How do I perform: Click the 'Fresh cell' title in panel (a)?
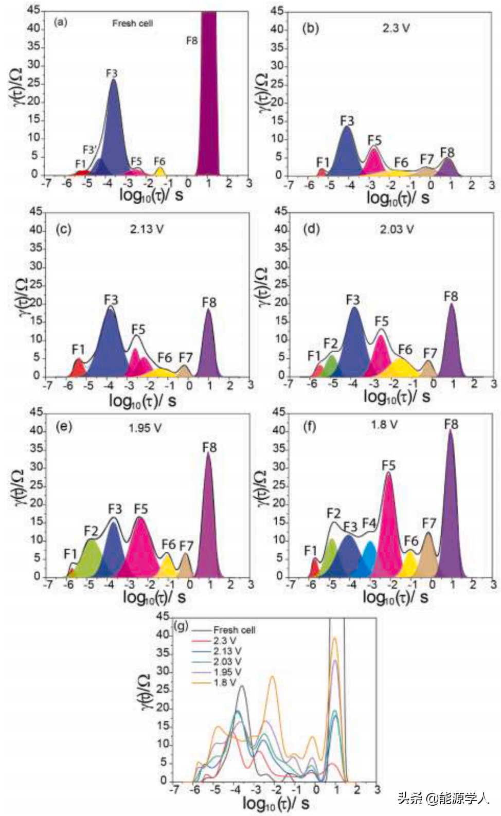[132, 23]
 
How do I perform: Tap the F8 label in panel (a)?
[192, 40]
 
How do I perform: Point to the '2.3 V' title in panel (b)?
[396, 28]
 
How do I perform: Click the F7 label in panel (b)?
[427, 159]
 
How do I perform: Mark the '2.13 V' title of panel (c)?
[147, 229]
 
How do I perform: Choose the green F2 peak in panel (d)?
[332, 365]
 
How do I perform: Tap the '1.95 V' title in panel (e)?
[145, 428]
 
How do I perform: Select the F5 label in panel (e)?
[141, 509]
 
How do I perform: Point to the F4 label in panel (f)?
[369, 523]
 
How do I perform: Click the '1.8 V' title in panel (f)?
[384, 425]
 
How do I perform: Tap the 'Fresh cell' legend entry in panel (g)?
[234, 630]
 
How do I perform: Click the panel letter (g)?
[181, 626]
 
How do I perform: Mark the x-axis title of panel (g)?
[276, 803]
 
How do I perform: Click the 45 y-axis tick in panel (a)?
[33, 10]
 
